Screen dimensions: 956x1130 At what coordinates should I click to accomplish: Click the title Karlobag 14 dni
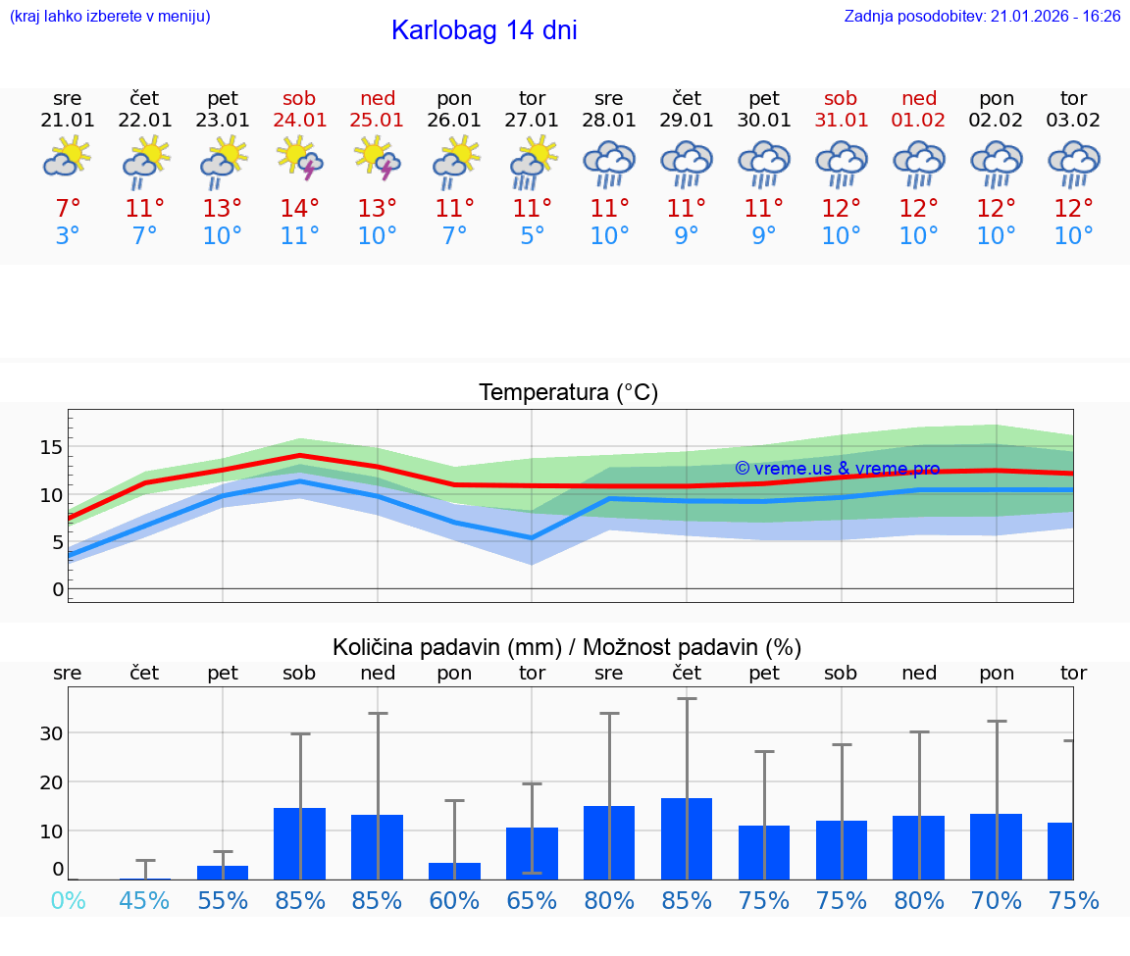click(x=484, y=30)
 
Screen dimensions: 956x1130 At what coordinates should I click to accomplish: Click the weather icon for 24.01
click(x=300, y=160)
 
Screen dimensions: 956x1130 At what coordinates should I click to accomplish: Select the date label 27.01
click(x=532, y=121)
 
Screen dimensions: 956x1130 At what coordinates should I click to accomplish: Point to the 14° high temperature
click(x=300, y=209)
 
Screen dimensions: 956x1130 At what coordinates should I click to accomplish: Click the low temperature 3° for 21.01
click(x=67, y=236)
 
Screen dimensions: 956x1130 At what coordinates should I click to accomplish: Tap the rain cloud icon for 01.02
click(x=919, y=164)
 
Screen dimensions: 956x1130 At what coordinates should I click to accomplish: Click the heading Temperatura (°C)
click(x=568, y=393)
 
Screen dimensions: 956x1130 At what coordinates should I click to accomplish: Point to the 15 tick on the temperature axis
click(x=51, y=447)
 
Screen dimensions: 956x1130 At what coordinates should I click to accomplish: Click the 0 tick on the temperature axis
click(x=57, y=589)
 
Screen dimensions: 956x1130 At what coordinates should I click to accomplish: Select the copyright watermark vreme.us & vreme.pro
click(x=837, y=469)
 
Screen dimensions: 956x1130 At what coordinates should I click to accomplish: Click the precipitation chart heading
click(x=567, y=647)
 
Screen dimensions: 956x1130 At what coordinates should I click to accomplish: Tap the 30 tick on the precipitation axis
click(x=51, y=733)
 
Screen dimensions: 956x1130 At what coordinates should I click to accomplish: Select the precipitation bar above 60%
click(x=454, y=871)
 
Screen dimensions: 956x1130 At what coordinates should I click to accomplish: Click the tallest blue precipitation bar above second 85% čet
click(x=687, y=838)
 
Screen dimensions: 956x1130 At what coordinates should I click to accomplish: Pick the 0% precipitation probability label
click(x=67, y=901)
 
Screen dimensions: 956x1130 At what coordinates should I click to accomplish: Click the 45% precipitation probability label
click(x=144, y=901)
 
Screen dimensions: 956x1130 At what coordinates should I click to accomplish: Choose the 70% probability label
click(x=997, y=901)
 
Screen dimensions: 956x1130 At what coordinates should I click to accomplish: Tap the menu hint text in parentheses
click(x=110, y=17)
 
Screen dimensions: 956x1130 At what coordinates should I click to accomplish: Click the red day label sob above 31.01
click(x=841, y=98)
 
